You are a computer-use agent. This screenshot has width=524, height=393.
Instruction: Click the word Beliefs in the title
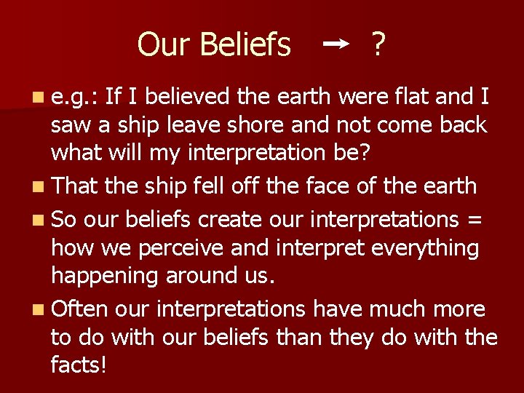click(245, 45)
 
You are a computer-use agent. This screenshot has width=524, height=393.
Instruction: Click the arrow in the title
click(336, 44)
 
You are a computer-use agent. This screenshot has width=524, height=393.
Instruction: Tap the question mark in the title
click(378, 45)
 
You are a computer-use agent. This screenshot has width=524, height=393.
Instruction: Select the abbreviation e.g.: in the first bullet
click(75, 95)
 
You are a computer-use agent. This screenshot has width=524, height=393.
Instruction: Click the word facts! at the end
click(79, 364)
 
